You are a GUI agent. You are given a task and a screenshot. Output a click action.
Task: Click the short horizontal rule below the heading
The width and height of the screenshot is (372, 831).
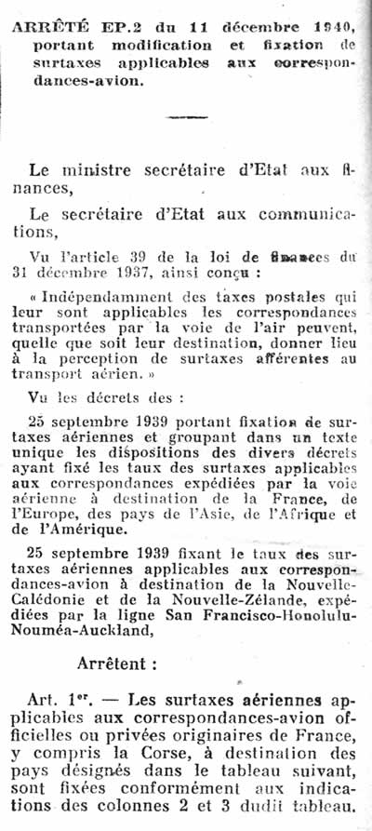[x=186, y=116]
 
